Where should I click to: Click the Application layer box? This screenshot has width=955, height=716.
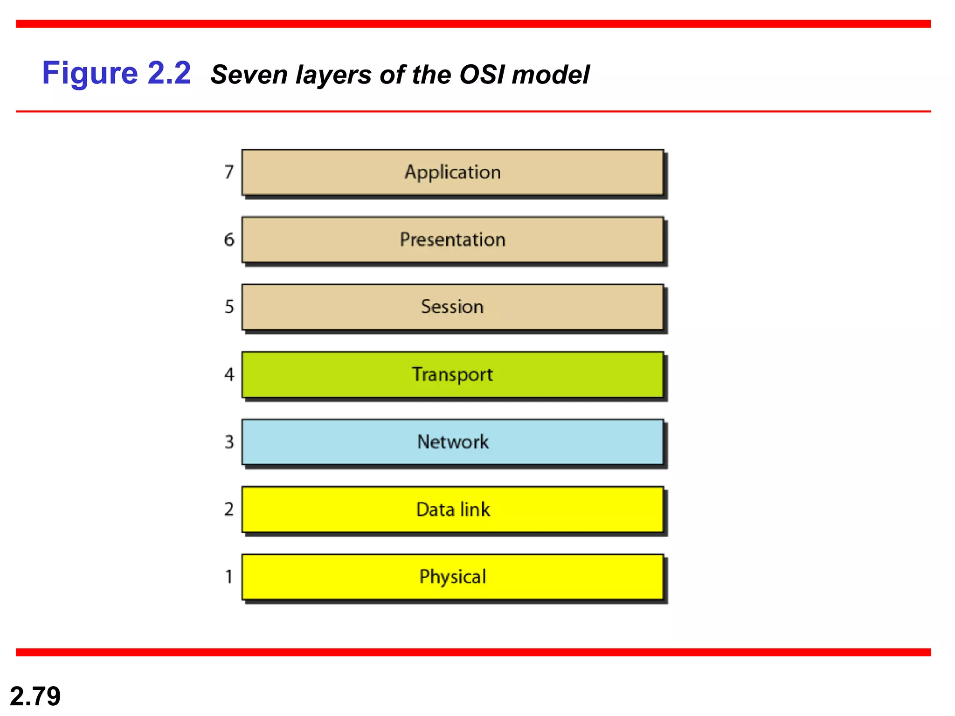pos(452,172)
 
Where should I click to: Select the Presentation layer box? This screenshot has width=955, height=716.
pos(452,240)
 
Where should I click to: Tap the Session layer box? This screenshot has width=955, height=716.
pos(452,307)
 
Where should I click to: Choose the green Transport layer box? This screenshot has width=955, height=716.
pos(452,374)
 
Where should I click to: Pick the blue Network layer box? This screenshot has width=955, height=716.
pos(452,442)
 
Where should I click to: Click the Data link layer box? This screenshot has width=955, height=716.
pos(452,509)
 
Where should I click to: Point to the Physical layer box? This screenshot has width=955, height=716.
pos(452,577)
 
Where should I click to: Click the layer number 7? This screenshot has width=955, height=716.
pos(229,172)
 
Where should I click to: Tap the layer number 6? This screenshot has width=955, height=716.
pos(229,240)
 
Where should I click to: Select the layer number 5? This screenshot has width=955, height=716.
pos(229,307)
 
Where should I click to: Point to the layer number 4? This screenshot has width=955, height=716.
pos(229,374)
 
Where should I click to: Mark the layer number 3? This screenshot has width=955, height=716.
pos(229,442)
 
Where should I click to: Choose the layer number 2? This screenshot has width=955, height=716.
pos(229,509)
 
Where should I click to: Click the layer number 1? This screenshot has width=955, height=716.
pos(229,577)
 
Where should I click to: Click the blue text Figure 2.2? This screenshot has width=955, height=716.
pos(117,73)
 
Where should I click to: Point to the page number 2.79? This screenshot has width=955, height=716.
pos(35,696)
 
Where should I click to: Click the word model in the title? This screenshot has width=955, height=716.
pos(550,75)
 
